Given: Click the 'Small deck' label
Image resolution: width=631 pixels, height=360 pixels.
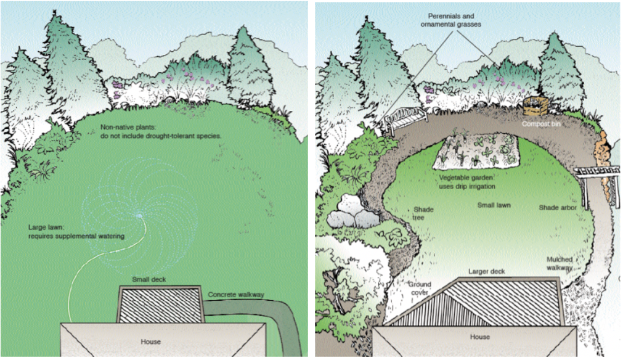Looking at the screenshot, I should point(150,280).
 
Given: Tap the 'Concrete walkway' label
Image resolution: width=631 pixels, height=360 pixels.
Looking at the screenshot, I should point(236,295).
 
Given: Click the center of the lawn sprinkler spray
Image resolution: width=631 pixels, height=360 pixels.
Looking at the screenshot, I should point(140,215).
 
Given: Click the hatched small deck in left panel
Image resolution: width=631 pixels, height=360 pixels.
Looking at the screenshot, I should point(160,305).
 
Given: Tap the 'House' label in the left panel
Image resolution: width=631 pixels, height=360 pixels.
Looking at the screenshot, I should point(150,342).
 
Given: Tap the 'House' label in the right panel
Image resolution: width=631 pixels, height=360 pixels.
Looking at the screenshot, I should point(480,337).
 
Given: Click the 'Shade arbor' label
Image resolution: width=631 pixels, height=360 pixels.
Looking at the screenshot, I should point(557,207).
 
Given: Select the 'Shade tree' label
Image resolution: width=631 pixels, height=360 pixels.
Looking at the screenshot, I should point(423,213).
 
